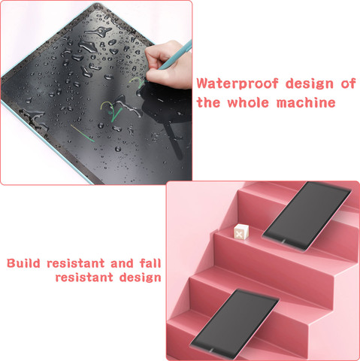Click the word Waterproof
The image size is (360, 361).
[237, 83]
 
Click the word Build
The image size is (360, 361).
[23, 263]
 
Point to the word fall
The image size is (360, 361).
[150, 263]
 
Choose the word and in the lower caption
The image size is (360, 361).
[122, 263]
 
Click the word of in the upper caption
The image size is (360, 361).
[348, 83]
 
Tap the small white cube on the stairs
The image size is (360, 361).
[241, 232]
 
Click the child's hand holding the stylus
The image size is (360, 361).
[168, 65]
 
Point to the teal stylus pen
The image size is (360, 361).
[175, 55]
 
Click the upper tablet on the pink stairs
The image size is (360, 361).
[307, 216]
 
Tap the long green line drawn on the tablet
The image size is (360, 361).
[83, 133]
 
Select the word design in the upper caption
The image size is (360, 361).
[310, 84]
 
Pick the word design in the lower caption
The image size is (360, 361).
[140, 278]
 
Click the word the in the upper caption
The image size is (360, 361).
[208, 102]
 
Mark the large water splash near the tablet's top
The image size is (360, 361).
[98, 31]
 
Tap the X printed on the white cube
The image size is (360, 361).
[239, 235]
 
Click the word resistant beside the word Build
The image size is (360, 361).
[76, 263]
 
